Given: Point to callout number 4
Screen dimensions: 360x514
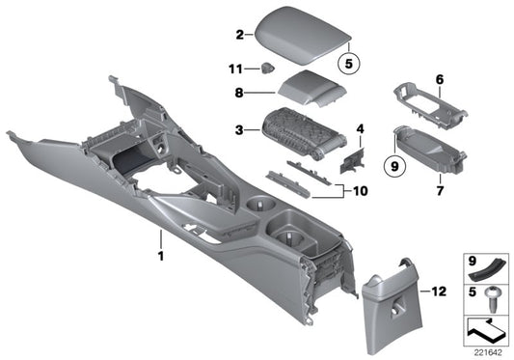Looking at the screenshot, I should [x=361, y=128].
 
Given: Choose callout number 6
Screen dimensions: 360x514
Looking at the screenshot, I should [x=439, y=79].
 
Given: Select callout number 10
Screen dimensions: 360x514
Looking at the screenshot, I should [x=361, y=191].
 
